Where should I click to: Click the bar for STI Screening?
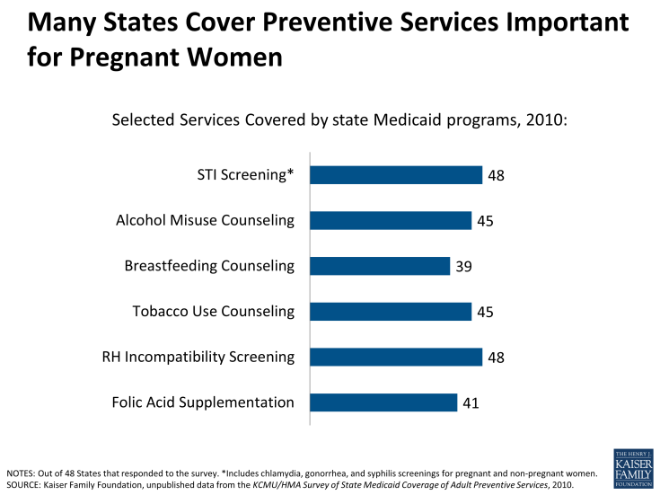coord(396,175)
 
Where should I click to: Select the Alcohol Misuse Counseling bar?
coord(391,220)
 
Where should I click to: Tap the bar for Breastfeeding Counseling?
coord(380,266)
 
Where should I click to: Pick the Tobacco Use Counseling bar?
coord(391,311)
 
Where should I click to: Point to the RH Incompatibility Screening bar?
coord(396,357)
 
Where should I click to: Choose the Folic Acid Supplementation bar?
coord(383,402)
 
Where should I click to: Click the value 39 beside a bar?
coord(463,267)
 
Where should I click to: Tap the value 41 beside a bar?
coord(471,403)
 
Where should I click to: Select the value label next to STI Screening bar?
coord(496,176)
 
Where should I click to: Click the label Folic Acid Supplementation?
coord(202,402)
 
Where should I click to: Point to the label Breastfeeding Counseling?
coord(208,266)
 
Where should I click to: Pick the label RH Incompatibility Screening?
coord(198,357)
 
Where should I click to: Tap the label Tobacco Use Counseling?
coord(213,311)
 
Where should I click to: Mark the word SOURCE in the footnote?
coord(23,483)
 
